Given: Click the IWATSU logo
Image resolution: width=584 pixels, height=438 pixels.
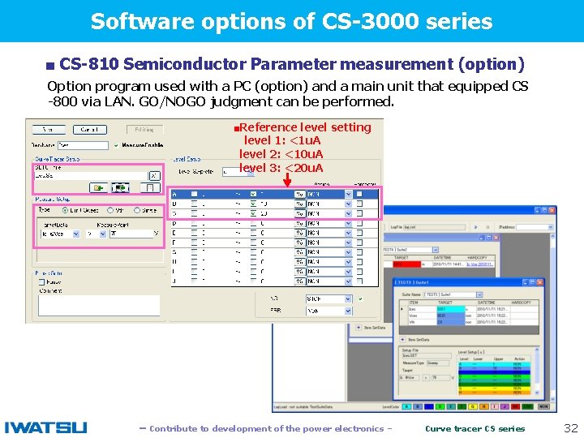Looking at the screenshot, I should coord(45,427).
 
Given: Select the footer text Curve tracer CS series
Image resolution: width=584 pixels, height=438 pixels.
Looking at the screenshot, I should coord(475,428).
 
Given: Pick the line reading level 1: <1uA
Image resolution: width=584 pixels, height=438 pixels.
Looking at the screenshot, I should coord(282,141).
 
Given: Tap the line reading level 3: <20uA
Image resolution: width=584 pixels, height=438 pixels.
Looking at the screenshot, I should coord(281,168).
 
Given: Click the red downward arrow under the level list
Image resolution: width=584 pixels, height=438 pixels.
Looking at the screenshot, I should coord(287,182).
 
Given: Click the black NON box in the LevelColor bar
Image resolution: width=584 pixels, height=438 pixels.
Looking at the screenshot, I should coord(543,406).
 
